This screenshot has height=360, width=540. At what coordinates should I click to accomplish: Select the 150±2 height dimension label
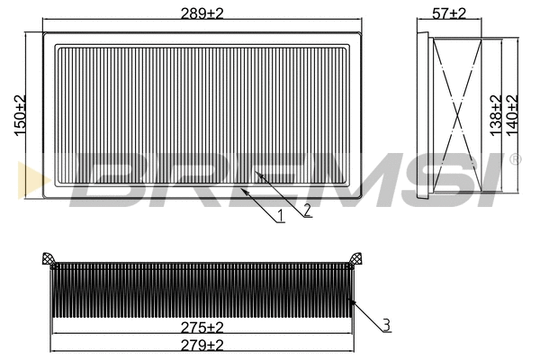click(21, 115)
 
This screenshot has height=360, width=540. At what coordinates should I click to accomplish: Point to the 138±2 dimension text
click(494, 114)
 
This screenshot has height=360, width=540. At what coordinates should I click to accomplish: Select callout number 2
click(308, 210)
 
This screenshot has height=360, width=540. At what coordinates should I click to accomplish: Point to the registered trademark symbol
click(515, 160)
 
